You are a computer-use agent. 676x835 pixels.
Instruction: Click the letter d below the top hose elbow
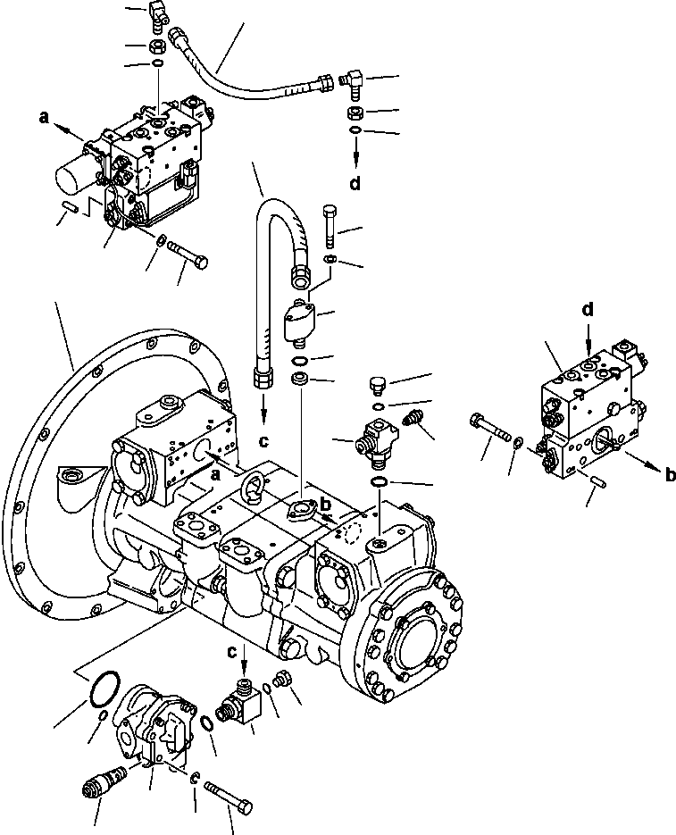(x=355, y=185)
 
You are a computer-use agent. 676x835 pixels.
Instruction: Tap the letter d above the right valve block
(x=587, y=311)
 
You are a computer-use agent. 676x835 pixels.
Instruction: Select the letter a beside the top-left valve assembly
(x=43, y=116)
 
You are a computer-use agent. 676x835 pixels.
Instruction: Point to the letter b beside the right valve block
(x=670, y=476)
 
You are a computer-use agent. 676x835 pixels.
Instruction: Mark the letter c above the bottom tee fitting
(x=231, y=652)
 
